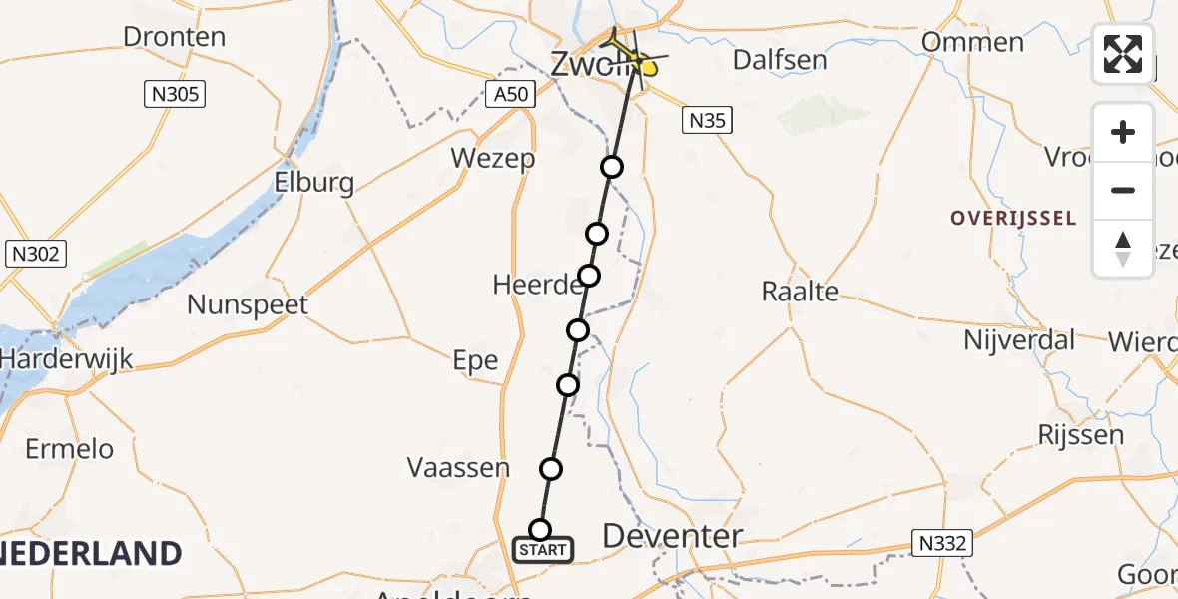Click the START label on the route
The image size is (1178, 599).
tap(543, 549)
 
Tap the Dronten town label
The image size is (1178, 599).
tap(174, 37)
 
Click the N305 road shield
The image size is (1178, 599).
tap(174, 95)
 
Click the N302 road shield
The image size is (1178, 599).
tap(36, 254)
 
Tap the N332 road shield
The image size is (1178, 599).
tap(943, 542)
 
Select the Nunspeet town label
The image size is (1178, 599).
tap(249, 304)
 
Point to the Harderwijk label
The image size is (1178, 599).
tap(66, 358)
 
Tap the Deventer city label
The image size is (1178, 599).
tap(673, 536)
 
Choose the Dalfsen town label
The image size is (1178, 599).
tap(780, 59)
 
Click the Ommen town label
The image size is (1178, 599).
tap(973, 42)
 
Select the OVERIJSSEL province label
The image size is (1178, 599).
tap(1013, 218)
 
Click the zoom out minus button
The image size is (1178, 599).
tap(1123, 190)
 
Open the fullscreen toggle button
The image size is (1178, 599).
tap(1123, 54)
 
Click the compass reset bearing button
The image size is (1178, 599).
tap(1123, 249)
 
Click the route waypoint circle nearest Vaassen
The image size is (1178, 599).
tap(550, 468)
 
